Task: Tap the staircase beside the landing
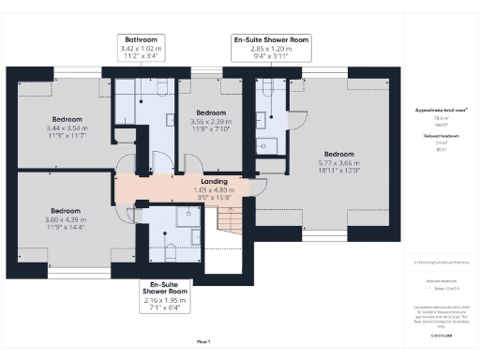tap(231, 221)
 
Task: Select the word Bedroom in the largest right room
tap(338, 154)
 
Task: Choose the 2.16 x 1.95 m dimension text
tap(165, 299)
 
